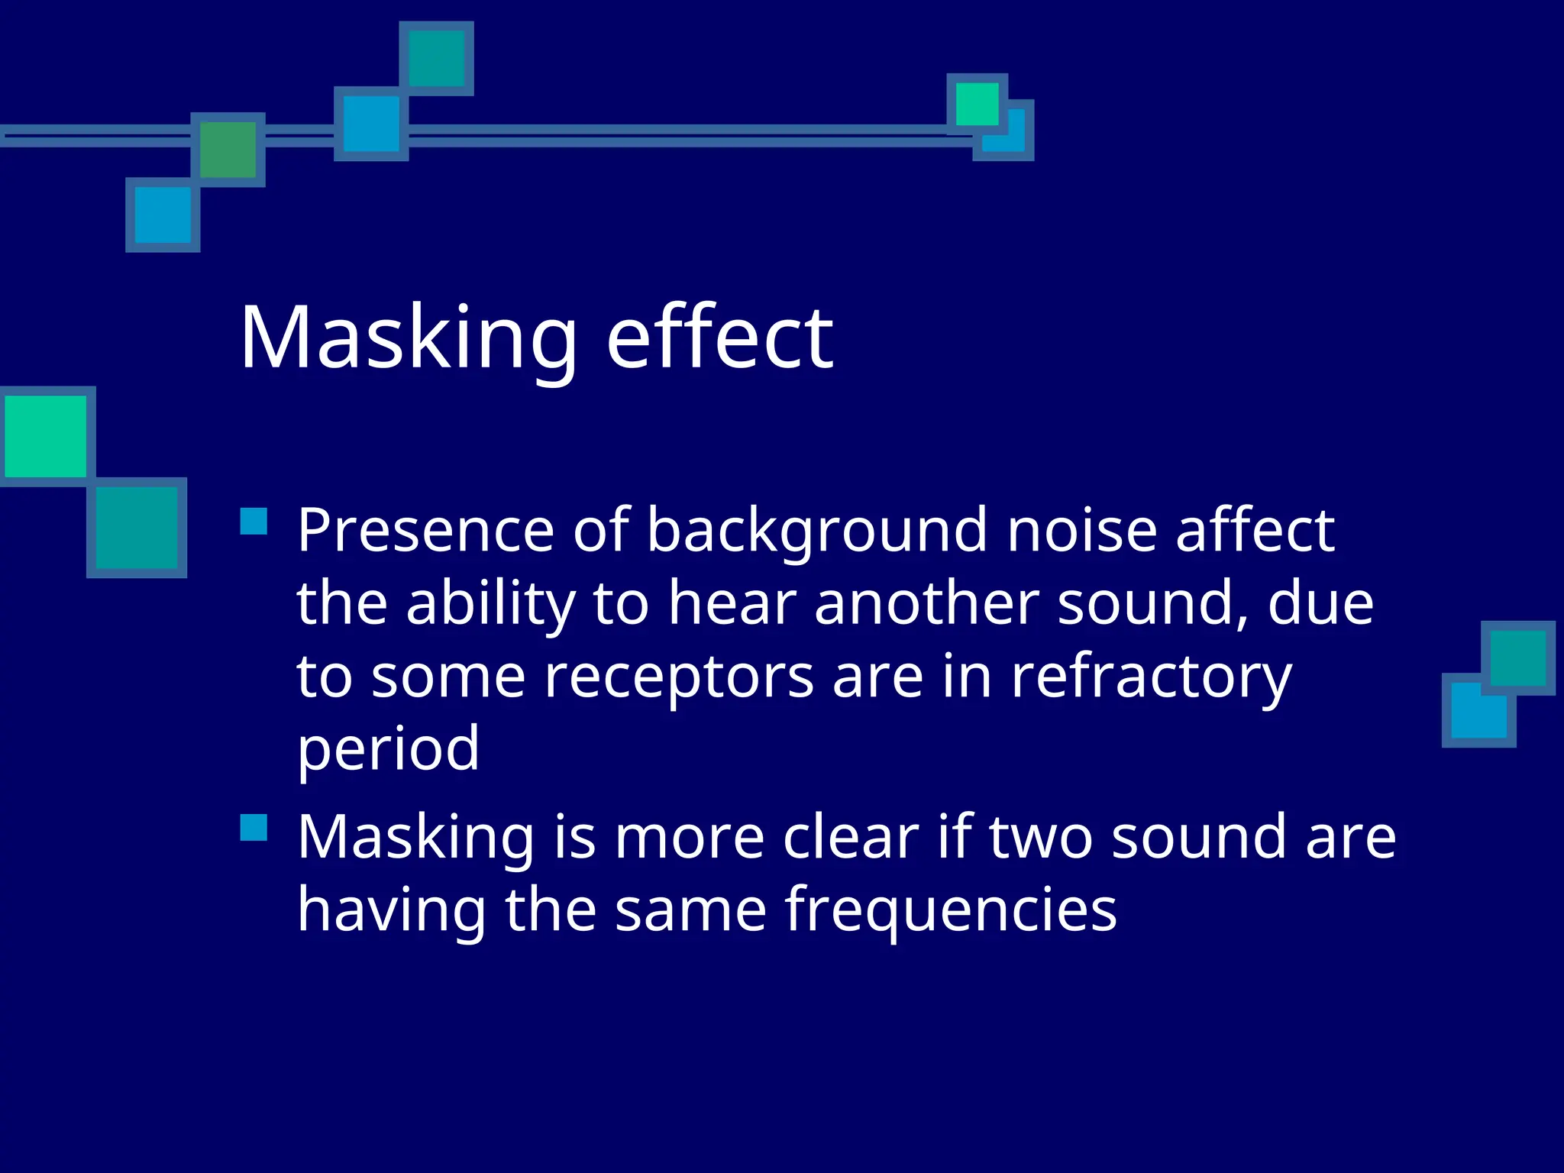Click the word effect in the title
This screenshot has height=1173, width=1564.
719,338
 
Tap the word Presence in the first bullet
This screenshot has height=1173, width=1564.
425,530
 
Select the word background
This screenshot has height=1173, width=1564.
817,532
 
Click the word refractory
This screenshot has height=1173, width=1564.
1151,678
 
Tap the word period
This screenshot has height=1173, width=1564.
388,750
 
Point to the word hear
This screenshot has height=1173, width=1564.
732,603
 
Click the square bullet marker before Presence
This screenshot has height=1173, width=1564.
254,522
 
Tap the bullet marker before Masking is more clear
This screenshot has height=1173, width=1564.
254,828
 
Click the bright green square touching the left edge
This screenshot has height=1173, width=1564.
46,436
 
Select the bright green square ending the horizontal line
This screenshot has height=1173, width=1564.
977,104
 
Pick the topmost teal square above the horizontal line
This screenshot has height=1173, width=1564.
436,59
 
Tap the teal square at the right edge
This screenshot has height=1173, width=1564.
1517,658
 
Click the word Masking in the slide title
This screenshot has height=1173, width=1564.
409,339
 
